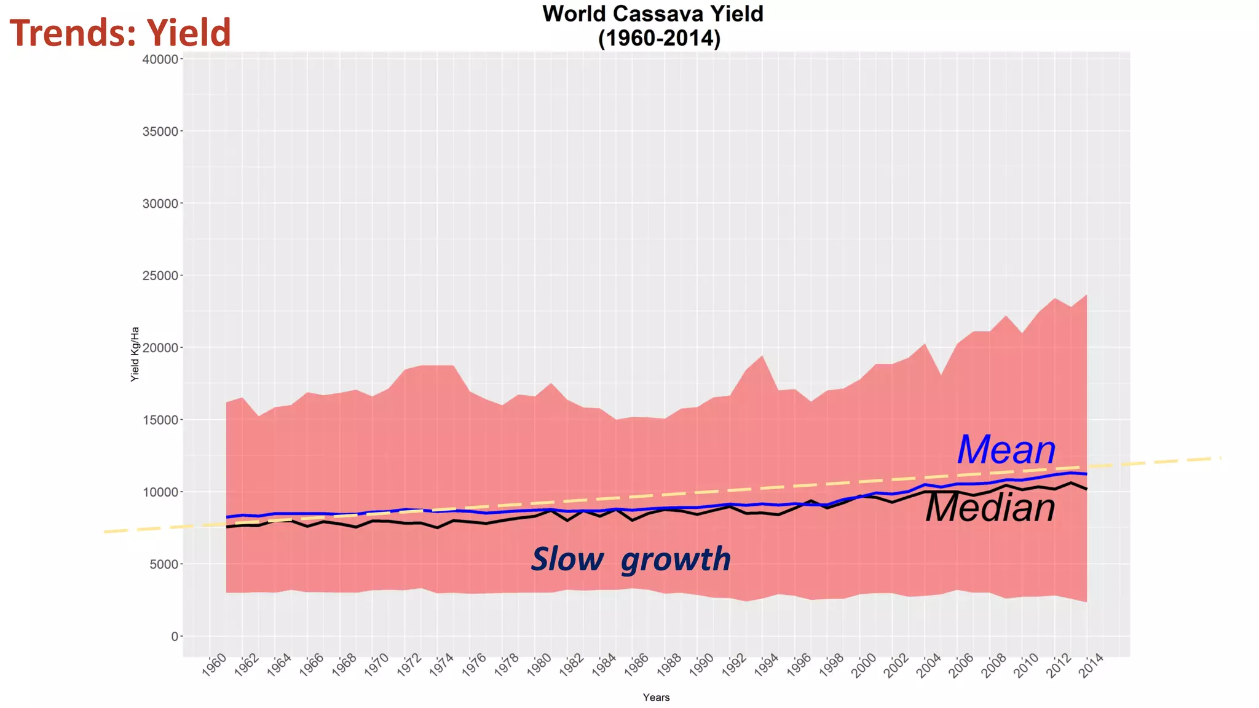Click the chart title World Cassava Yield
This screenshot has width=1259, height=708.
point(652,14)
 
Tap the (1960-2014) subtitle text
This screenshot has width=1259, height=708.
point(659,39)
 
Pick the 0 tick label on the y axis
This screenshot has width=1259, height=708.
point(175,637)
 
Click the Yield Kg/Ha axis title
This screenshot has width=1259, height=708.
point(135,354)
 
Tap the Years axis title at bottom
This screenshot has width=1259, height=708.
point(656,698)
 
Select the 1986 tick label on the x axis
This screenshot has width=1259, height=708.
point(637,666)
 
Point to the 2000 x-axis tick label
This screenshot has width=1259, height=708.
point(864,666)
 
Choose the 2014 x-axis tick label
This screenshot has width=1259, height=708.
point(1091,666)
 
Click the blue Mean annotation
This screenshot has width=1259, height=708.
point(1006,450)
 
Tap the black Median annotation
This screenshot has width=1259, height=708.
point(990,508)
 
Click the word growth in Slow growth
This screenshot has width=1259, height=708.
point(676,560)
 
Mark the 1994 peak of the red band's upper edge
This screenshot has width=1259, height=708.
point(762,356)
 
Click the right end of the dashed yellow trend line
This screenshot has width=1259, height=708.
point(1219,458)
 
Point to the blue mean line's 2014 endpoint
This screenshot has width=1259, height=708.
point(1086,474)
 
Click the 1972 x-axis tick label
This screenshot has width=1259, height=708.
point(409,666)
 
